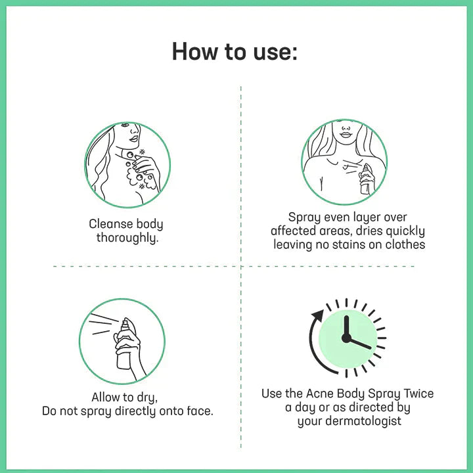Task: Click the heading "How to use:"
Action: (x=235, y=51)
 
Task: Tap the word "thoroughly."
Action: (x=127, y=238)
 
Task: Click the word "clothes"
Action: (x=402, y=244)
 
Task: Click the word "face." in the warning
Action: (x=198, y=411)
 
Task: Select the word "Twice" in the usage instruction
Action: (x=415, y=394)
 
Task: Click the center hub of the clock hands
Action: (x=346, y=338)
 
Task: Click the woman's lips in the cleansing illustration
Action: (x=134, y=139)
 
